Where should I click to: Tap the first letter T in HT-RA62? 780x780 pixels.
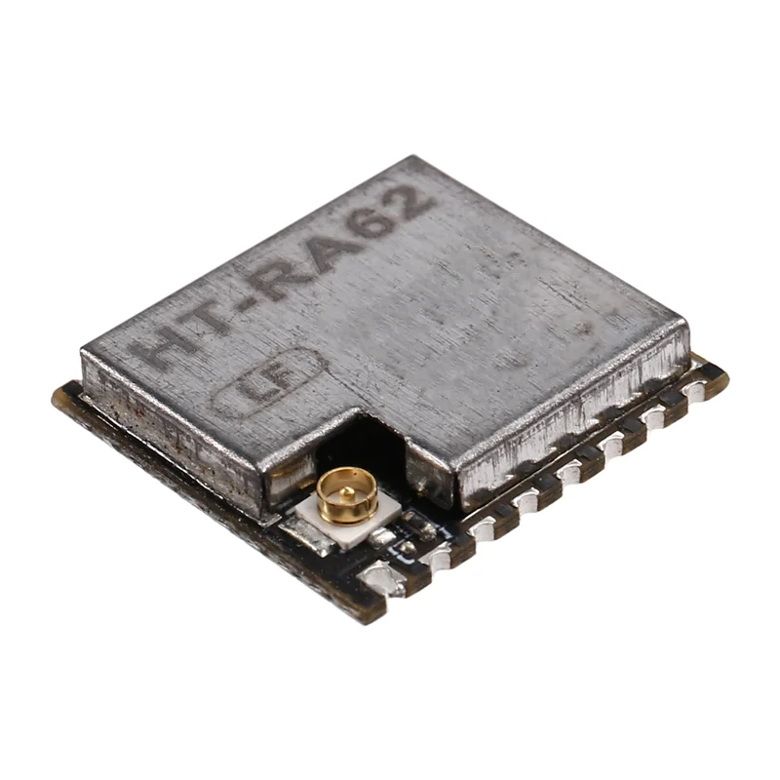point(216,314)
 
